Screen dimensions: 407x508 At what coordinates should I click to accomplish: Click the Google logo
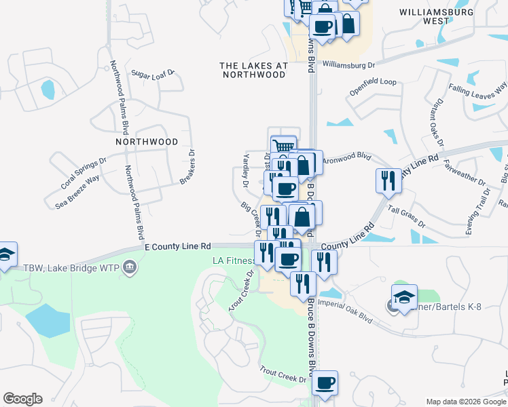coord(22,399)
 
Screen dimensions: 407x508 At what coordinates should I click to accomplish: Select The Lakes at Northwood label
coord(254,70)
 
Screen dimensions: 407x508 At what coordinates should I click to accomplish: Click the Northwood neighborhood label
coord(147,142)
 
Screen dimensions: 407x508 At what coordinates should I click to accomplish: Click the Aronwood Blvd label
coord(346,156)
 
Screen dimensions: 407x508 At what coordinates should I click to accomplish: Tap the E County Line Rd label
coord(178,248)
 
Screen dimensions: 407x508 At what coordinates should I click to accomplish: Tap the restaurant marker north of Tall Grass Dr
coord(388,180)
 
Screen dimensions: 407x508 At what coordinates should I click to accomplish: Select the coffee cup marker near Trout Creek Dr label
coord(325,382)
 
